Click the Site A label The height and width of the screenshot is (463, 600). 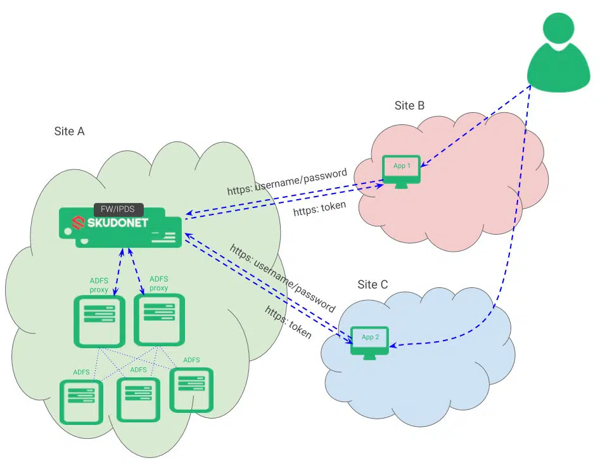[70, 131]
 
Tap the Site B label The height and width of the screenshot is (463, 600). [409, 105]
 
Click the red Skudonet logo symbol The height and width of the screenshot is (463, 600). [78, 223]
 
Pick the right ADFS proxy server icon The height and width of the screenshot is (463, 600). [158, 319]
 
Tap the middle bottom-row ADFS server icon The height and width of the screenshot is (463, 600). [137, 399]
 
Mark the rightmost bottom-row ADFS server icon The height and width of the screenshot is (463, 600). [191, 389]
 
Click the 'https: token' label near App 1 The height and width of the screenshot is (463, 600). [319, 209]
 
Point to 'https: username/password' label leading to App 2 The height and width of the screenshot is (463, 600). [283, 277]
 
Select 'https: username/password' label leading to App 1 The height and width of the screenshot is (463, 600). [287, 181]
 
